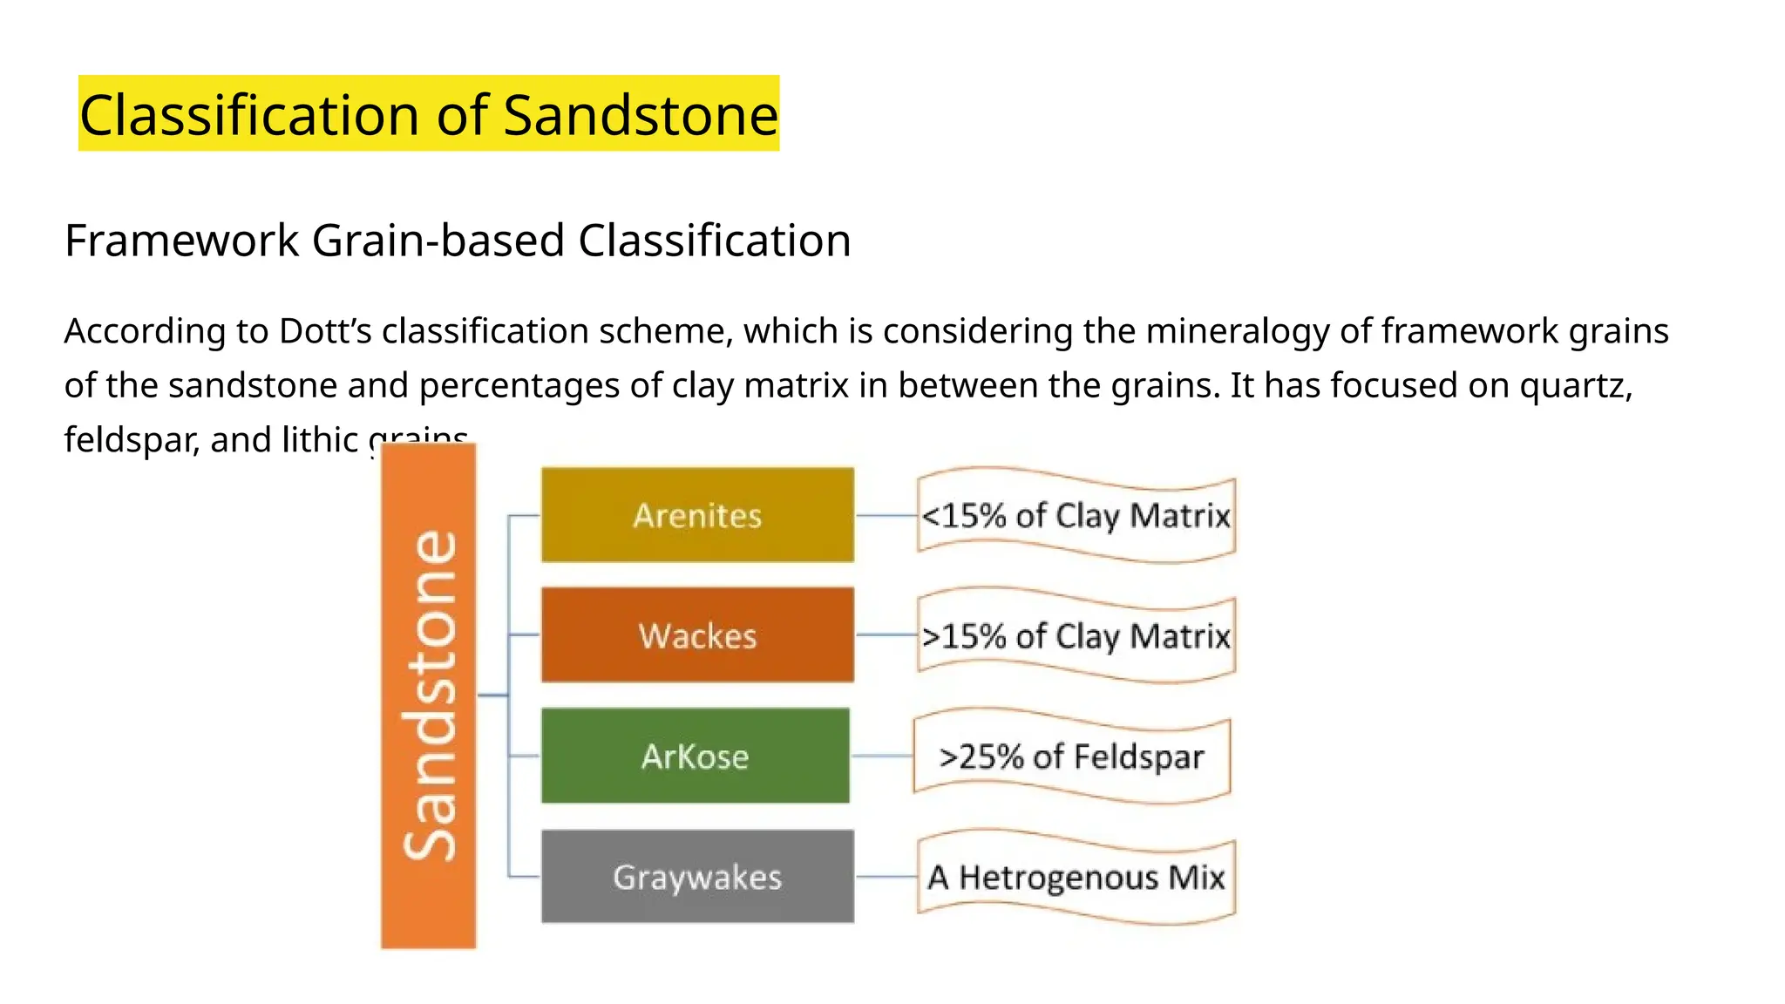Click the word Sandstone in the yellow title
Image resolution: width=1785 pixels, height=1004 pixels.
click(641, 115)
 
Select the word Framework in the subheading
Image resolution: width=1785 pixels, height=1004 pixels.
click(181, 241)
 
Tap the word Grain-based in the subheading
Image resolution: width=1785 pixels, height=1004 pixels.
click(438, 241)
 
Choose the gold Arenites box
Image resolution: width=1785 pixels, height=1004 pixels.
click(697, 515)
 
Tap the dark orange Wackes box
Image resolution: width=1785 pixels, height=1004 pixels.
click(697, 635)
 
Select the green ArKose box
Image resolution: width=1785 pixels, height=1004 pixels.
click(695, 756)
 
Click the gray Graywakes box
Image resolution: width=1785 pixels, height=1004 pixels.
click(697, 877)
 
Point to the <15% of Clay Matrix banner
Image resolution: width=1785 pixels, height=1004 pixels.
click(1076, 515)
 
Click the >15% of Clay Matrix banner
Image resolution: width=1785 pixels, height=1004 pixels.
click(1076, 635)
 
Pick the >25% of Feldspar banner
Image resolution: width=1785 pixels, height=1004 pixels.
click(1071, 756)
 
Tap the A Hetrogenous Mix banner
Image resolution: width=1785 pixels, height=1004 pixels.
click(1076, 877)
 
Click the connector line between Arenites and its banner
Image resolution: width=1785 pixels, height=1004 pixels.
click(886, 516)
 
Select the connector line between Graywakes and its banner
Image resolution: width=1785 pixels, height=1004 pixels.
click(886, 877)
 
